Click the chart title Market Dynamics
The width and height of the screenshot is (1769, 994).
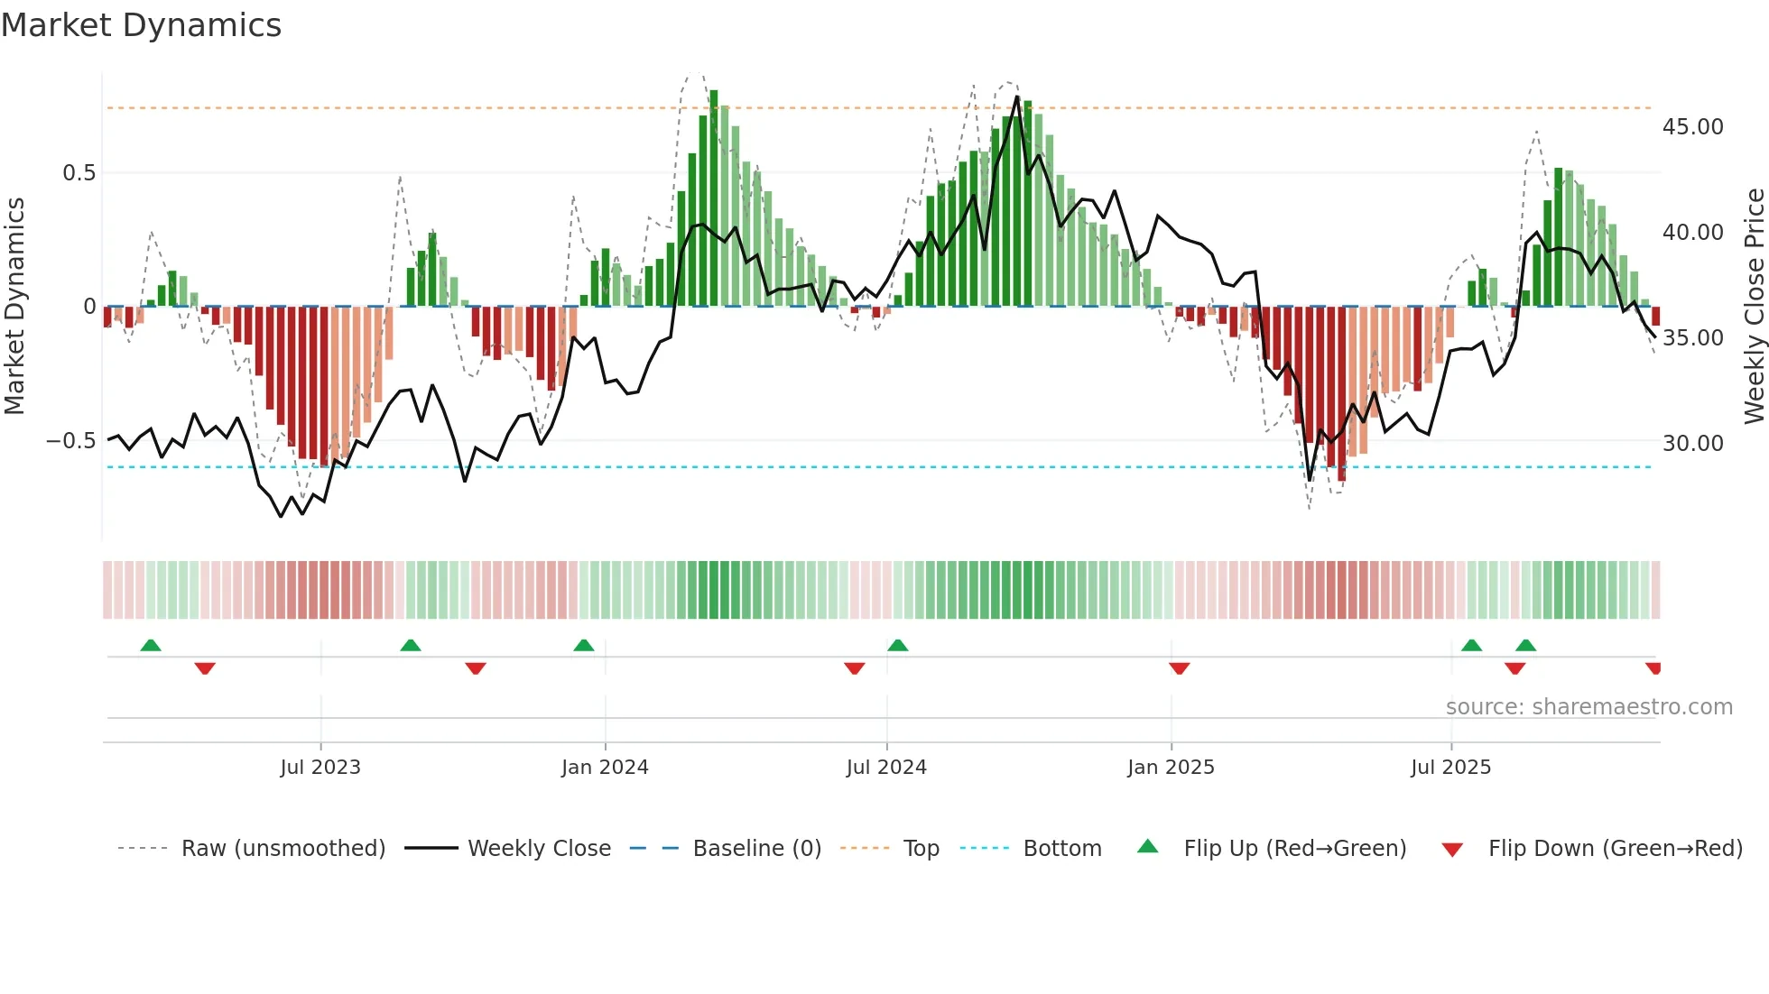coord(141,25)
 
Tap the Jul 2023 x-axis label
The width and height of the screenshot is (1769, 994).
coord(320,768)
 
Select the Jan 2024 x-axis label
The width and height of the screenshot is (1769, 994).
coord(605,768)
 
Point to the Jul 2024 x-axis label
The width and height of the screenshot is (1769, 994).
coord(886,768)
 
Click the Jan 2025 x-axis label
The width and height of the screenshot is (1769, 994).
coord(1171,768)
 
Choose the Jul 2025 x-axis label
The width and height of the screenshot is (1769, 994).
coord(1451,768)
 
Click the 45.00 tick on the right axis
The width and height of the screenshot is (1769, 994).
coord(1693,127)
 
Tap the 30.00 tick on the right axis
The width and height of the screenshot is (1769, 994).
coord(1693,444)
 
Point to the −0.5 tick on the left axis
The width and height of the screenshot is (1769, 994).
coord(70,441)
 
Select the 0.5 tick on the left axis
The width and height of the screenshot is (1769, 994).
coord(79,173)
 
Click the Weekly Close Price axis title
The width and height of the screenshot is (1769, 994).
coord(1754,306)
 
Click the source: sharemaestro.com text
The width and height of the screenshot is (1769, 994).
coord(1588,707)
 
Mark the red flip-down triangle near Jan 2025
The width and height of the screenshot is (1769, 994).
coord(1179,668)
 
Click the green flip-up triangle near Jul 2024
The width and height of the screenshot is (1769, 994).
coord(897,645)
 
